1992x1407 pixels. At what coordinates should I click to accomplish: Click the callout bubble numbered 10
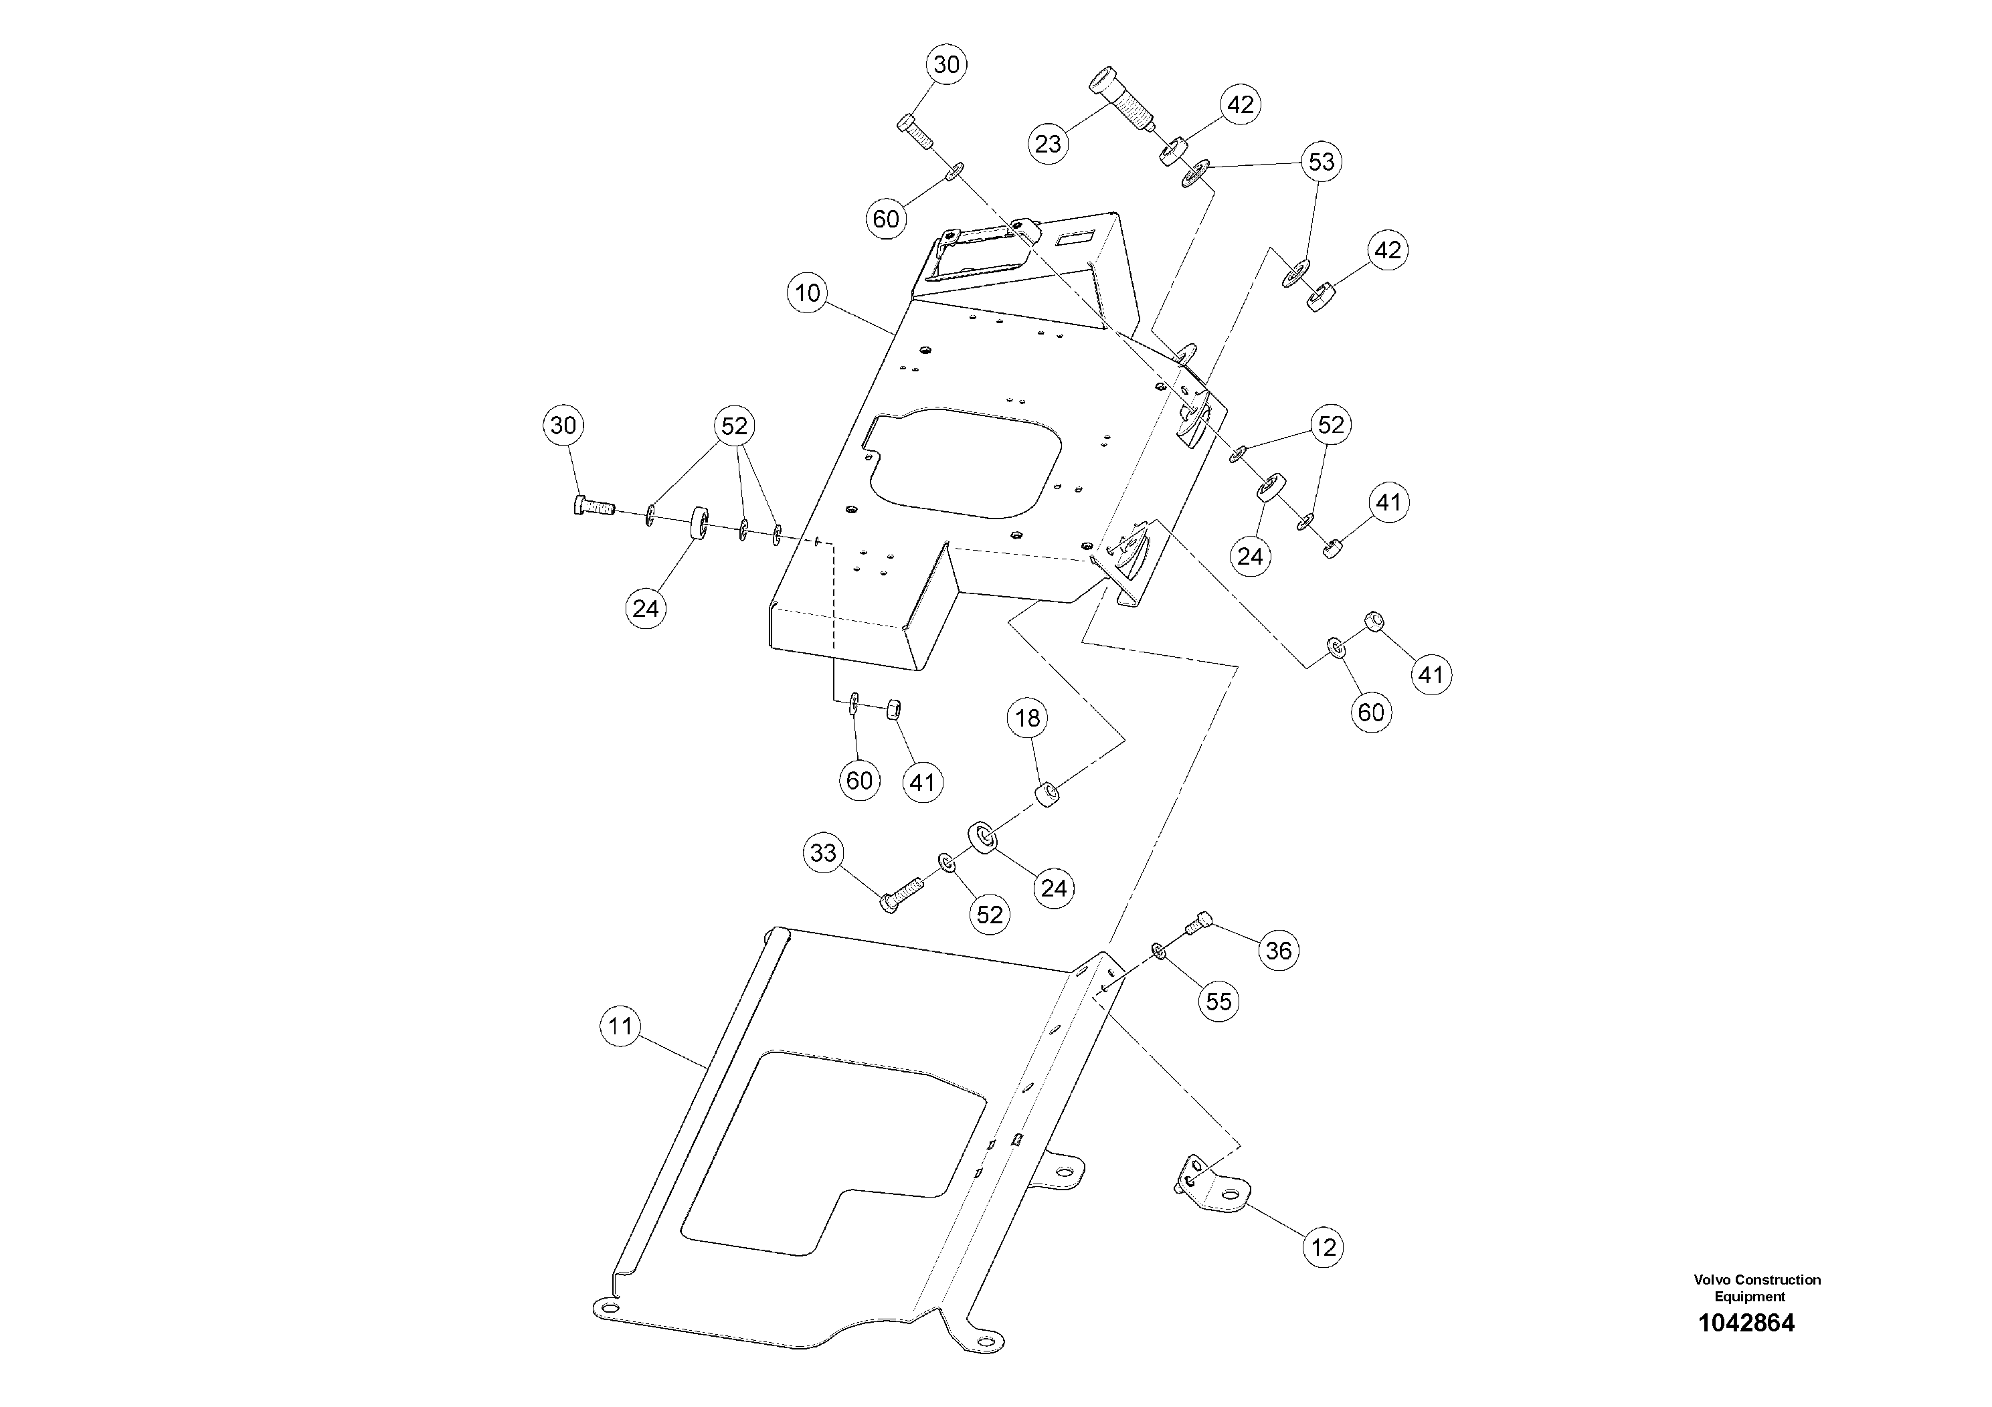click(x=808, y=293)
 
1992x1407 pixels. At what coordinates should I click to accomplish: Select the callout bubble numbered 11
click(x=620, y=1027)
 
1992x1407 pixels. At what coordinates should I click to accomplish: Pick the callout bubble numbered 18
click(x=1027, y=719)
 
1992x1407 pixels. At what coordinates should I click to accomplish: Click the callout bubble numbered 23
click(x=1048, y=143)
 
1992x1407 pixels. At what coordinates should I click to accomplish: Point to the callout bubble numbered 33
click(x=823, y=853)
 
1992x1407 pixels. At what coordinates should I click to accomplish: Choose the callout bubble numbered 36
click(x=1278, y=951)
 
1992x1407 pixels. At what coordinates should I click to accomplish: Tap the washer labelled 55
click(x=1159, y=951)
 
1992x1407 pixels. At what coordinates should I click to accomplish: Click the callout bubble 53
click(x=1322, y=162)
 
